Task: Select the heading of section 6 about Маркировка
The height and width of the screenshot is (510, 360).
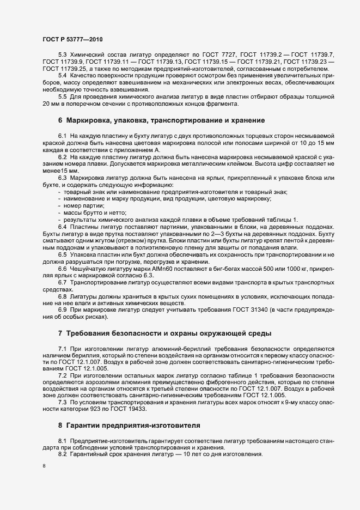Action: pos(162,119)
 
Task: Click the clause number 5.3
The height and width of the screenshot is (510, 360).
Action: pos(62,56)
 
